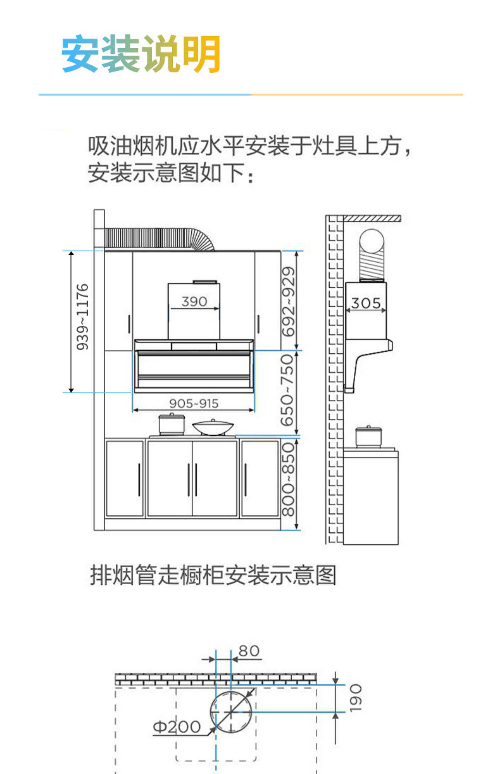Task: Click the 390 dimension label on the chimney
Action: (194, 302)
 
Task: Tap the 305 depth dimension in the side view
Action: (366, 303)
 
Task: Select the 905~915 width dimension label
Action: (194, 404)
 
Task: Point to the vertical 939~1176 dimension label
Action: (82, 317)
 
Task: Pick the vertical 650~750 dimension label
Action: (287, 390)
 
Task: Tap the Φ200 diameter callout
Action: (177, 727)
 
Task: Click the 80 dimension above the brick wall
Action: (249, 651)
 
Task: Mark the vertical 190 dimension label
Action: (355, 698)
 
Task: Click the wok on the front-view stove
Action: (213, 427)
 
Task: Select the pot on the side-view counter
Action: (368, 436)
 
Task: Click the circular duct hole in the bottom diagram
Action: (231, 711)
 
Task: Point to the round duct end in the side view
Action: (371, 241)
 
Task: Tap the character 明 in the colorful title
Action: (202, 54)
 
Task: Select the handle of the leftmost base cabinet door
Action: (139, 480)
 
